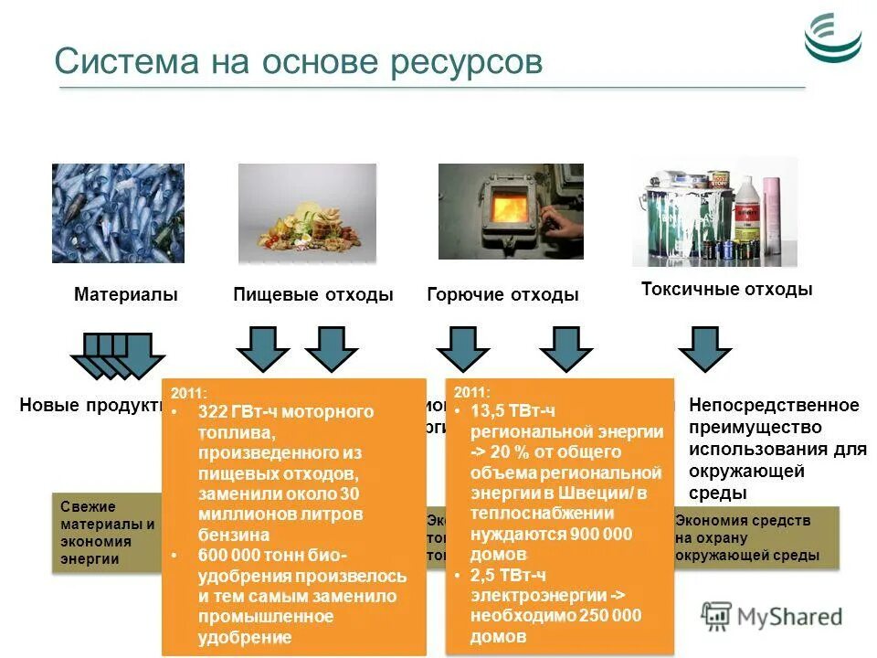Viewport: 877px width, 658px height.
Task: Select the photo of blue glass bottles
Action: pos(118,213)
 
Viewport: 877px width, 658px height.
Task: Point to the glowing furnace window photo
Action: pos(510,211)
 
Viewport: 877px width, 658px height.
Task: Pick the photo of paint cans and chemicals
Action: pos(713,211)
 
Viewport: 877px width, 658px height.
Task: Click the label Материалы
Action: pos(125,295)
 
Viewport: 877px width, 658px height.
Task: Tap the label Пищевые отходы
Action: pos(313,295)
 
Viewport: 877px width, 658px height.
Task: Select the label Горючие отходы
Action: pos(502,295)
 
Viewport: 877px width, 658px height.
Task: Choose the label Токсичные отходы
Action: pos(726,290)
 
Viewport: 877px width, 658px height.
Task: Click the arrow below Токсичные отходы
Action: pos(704,349)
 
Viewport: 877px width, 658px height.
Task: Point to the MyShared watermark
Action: pos(773,615)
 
